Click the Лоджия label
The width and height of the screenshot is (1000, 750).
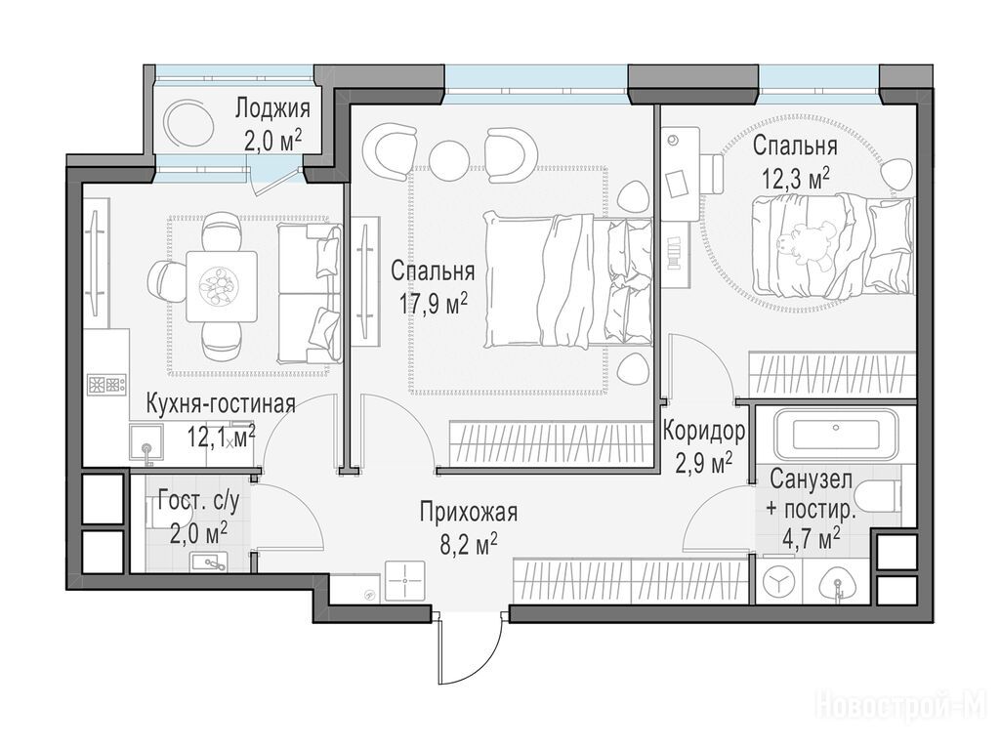coord(272,108)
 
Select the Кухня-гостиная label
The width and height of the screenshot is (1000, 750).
coord(221,403)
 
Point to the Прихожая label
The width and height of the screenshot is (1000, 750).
coord(468,512)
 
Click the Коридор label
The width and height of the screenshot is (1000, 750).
coord(703,432)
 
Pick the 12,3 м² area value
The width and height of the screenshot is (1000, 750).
coord(795,178)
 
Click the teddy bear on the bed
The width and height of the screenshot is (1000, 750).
coord(805,245)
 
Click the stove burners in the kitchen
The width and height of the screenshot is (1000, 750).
coord(106,385)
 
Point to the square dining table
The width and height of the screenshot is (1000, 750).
coord(222,286)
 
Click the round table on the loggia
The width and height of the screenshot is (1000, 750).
coord(188,122)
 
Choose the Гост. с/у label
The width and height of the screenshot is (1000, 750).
coord(198,503)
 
